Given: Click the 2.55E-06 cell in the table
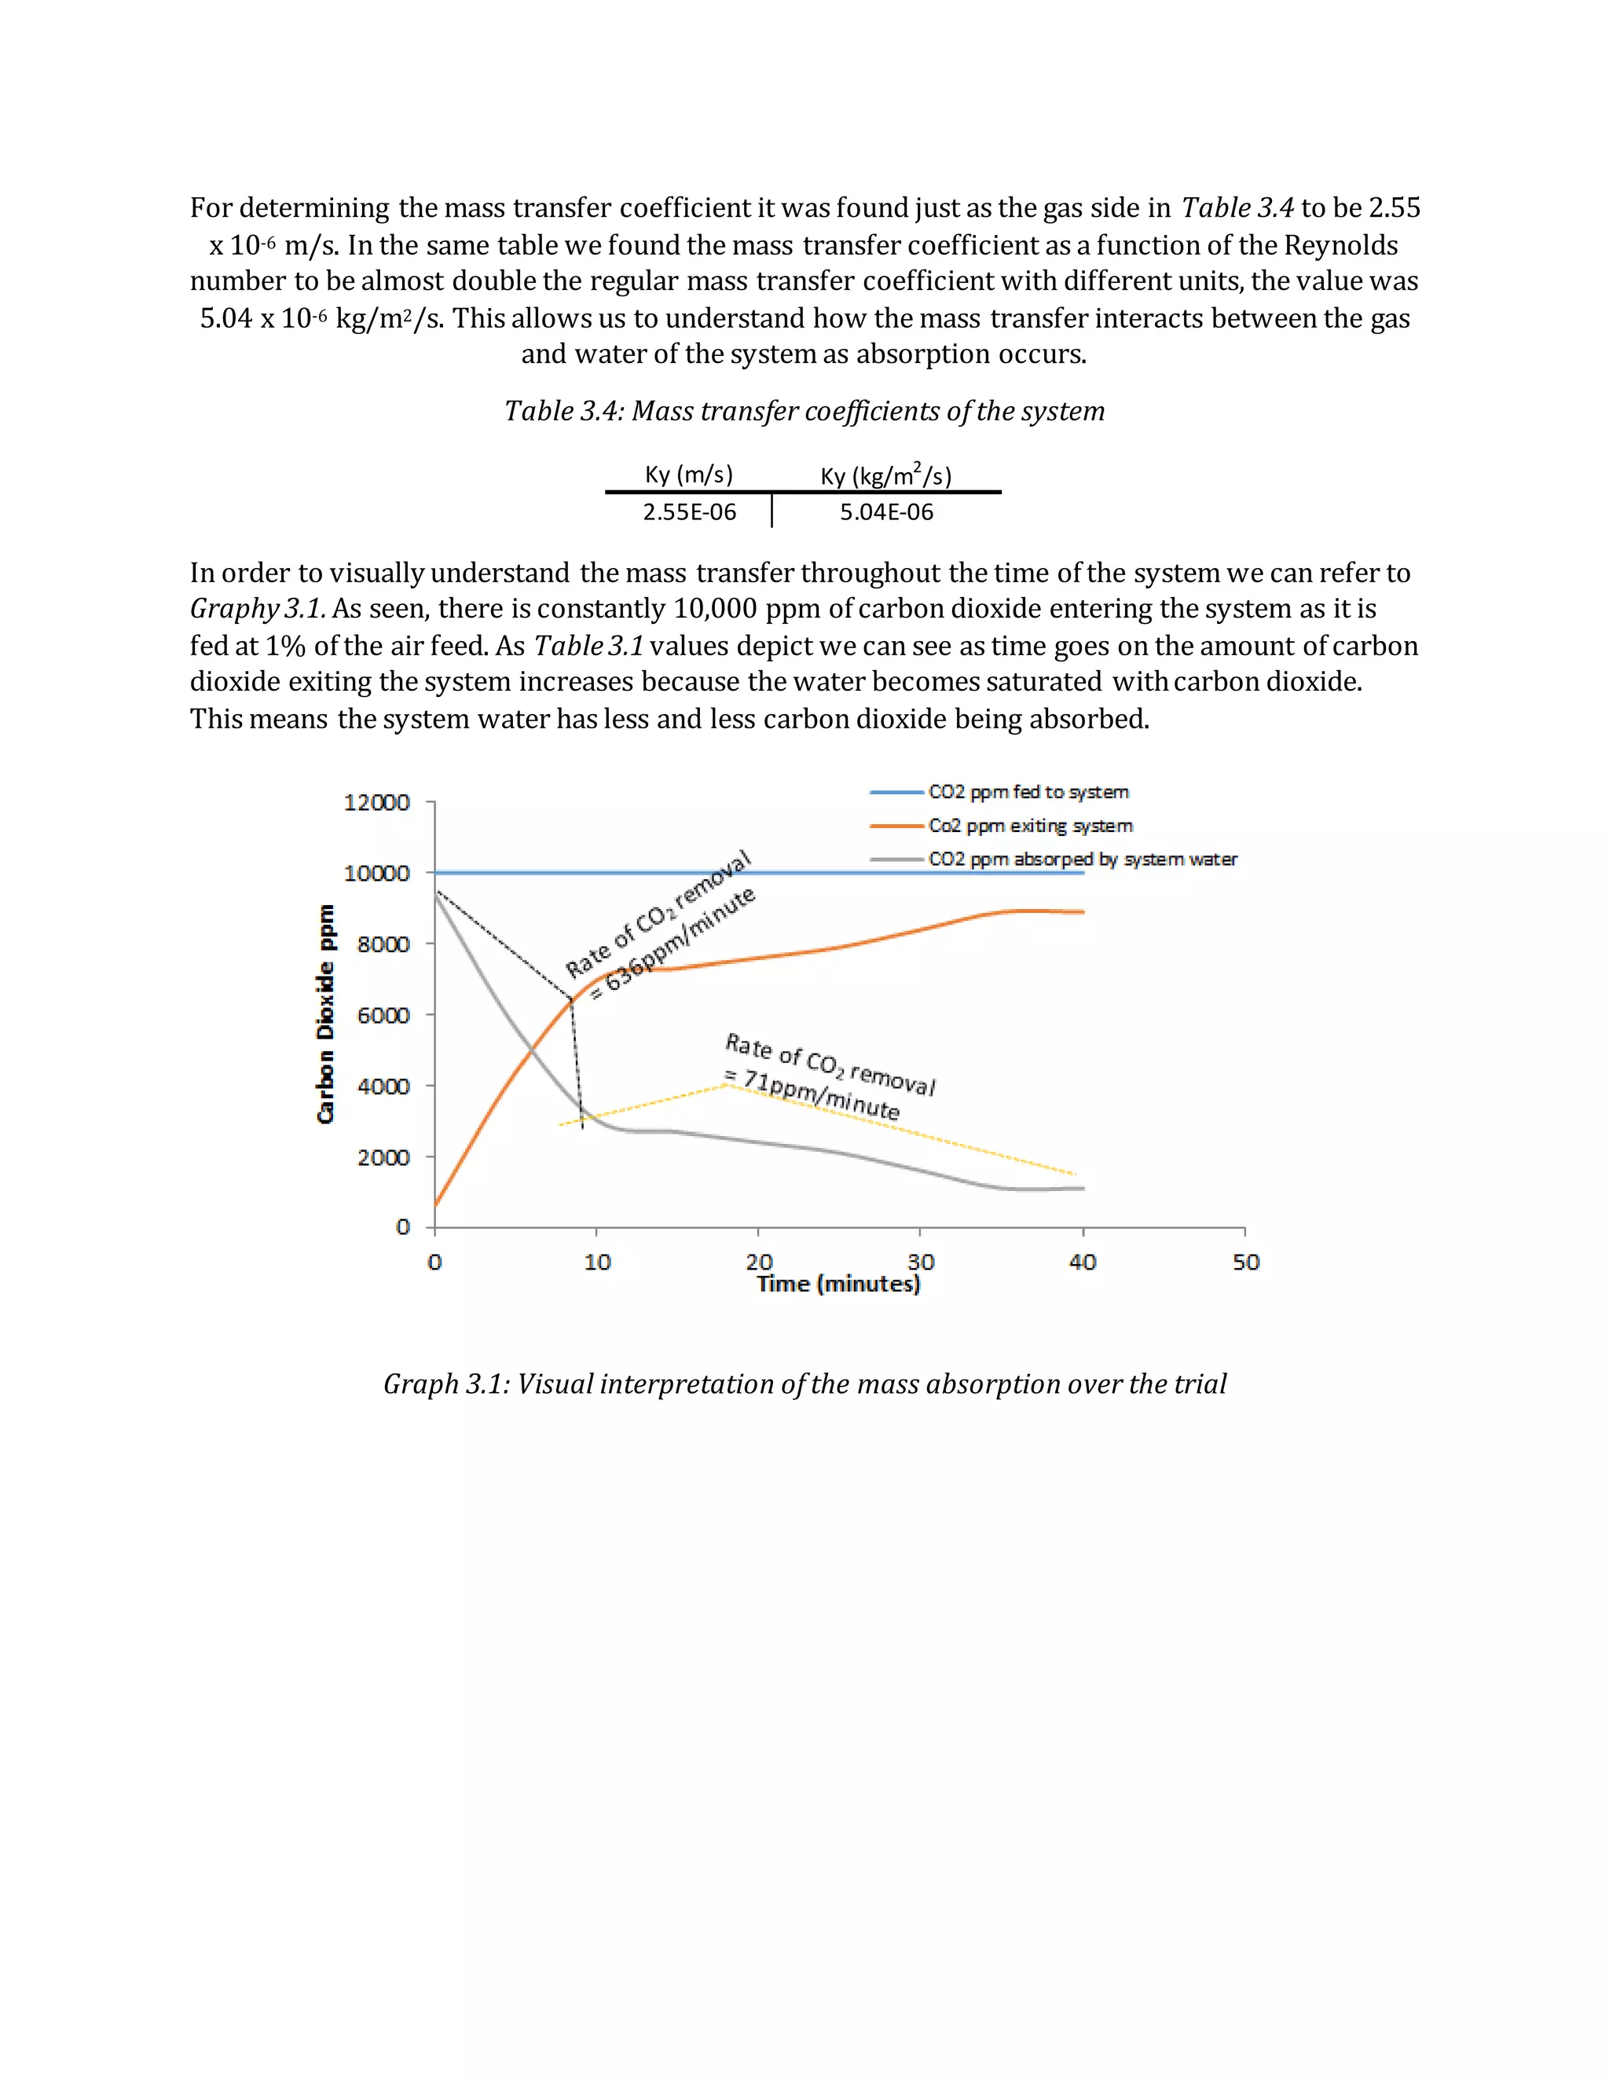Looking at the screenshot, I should point(689,512).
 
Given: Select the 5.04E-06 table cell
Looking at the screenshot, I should point(885,512).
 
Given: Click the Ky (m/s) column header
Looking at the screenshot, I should point(689,475).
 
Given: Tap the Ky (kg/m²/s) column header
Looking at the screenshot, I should point(885,475).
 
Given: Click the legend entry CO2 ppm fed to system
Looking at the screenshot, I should point(1028,792).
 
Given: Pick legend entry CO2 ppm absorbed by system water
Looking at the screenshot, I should point(1082,859).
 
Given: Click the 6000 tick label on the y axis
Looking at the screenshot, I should point(383,1015).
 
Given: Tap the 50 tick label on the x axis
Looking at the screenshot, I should point(1245,1263).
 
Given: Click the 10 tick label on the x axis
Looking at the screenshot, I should point(597,1263).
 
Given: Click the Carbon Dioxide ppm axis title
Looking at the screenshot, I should point(326,1014).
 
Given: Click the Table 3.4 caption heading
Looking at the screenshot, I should point(804,411).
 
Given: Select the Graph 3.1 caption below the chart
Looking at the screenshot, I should point(804,1384).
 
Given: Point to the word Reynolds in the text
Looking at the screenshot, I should point(1340,245).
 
